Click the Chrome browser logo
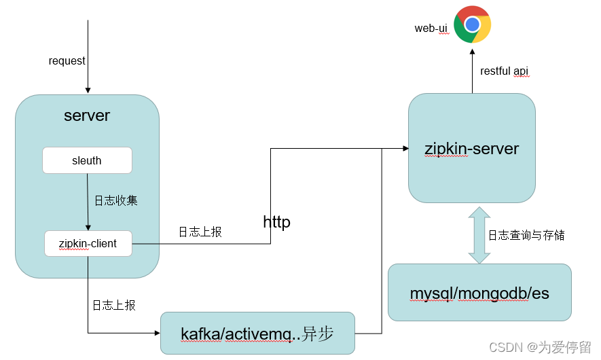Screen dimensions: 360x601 pyautogui.click(x=472, y=24)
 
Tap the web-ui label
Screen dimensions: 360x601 pyautogui.click(x=431, y=29)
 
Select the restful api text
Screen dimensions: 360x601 pyautogui.click(x=504, y=71)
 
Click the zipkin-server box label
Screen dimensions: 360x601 pyautogui.click(x=471, y=149)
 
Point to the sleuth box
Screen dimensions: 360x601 pyautogui.click(x=87, y=160)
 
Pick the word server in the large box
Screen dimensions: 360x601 pyautogui.click(x=87, y=115)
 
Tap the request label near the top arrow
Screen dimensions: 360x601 pyautogui.click(x=67, y=61)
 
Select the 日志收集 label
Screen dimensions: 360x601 pyautogui.click(x=115, y=200)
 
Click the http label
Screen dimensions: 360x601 pyautogui.click(x=276, y=222)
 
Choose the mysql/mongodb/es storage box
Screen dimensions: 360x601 pyautogui.click(x=479, y=293)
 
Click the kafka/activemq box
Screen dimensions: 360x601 pyautogui.click(x=257, y=334)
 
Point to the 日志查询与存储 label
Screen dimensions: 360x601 pyautogui.click(x=526, y=235)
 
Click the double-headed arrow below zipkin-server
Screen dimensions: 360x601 pyautogui.click(x=479, y=235)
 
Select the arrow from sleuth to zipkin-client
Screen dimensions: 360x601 pyautogui.click(x=88, y=202)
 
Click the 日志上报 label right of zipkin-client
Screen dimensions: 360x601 pyautogui.click(x=200, y=232)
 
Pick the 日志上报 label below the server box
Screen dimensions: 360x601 pyautogui.click(x=113, y=305)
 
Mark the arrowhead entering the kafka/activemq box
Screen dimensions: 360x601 pyautogui.click(x=156, y=334)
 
